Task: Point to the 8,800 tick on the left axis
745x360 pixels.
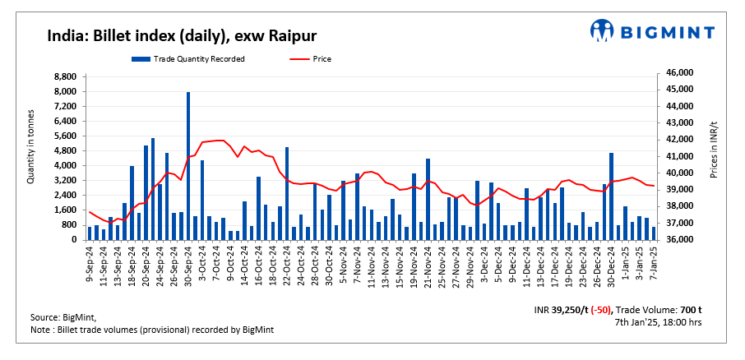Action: click(x=66, y=76)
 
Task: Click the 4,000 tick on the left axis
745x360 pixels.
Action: click(x=66, y=165)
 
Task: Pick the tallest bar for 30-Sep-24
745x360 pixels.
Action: click(x=187, y=165)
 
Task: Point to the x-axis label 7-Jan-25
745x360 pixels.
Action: click(x=654, y=263)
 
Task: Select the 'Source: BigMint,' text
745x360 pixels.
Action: click(x=63, y=317)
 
